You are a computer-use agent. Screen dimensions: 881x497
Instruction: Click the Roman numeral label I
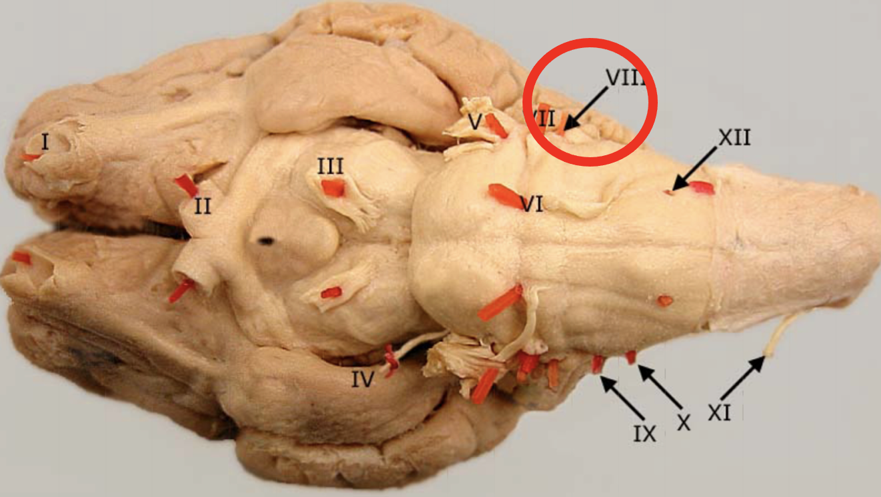click(x=45, y=141)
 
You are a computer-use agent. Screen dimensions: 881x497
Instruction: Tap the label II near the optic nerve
click(x=203, y=207)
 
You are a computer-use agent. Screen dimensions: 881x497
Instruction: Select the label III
click(x=330, y=166)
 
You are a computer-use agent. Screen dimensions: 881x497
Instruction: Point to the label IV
click(x=363, y=379)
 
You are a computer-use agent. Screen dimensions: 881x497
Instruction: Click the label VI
click(x=531, y=205)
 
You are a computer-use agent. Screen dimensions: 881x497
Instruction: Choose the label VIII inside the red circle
click(x=625, y=77)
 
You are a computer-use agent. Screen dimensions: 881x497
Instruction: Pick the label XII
click(x=734, y=138)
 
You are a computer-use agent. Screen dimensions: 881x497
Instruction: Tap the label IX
click(x=644, y=434)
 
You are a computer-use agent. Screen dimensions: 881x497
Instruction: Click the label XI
click(x=719, y=414)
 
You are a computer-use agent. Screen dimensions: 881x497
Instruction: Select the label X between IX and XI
click(x=683, y=422)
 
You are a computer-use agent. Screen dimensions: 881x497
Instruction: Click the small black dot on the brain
click(x=267, y=241)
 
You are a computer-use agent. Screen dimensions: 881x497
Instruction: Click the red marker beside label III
click(x=333, y=189)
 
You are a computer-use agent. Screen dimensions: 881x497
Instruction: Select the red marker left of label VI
click(x=504, y=195)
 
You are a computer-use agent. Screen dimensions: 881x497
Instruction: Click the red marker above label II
click(x=186, y=185)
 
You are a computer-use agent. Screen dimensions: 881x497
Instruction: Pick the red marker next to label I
click(x=30, y=157)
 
